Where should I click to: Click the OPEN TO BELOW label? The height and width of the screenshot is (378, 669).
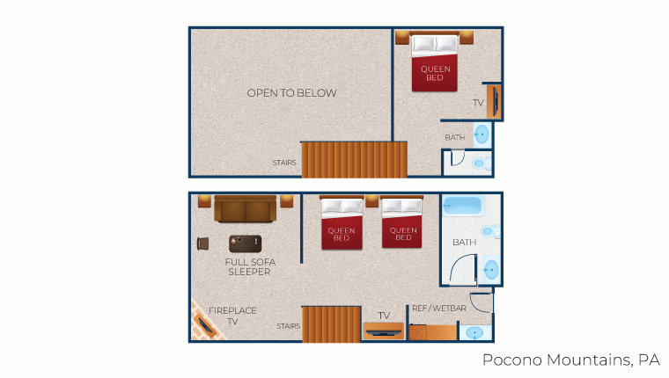(x=292, y=93)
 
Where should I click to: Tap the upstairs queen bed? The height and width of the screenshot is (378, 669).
(x=435, y=62)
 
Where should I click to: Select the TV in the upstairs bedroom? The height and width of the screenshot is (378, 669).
(x=495, y=101)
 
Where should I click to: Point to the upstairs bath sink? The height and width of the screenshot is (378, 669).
(x=482, y=134)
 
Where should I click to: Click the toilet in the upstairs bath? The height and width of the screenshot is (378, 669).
(x=482, y=164)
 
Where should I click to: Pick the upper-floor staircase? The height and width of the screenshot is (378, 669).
(x=354, y=159)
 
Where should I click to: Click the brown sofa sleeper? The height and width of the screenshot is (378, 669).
(x=246, y=209)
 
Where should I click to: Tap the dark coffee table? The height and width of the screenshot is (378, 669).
(x=246, y=244)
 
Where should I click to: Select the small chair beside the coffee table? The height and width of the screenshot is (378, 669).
(x=203, y=244)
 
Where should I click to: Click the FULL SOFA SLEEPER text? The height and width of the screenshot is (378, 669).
(x=250, y=266)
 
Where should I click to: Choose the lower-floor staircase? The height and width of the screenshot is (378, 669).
(x=332, y=324)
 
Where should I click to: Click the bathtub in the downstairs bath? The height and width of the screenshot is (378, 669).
(x=462, y=206)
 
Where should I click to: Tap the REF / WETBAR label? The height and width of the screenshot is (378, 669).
(x=439, y=308)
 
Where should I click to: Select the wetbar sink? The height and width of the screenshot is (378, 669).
(x=474, y=332)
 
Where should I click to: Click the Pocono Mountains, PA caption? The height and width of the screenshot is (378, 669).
(x=571, y=360)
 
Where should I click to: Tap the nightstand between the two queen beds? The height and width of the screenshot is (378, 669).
(x=372, y=201)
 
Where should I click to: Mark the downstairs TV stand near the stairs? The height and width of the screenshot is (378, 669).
(x=383, y=331)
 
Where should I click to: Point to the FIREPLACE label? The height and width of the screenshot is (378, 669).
(x=232, y=310)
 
